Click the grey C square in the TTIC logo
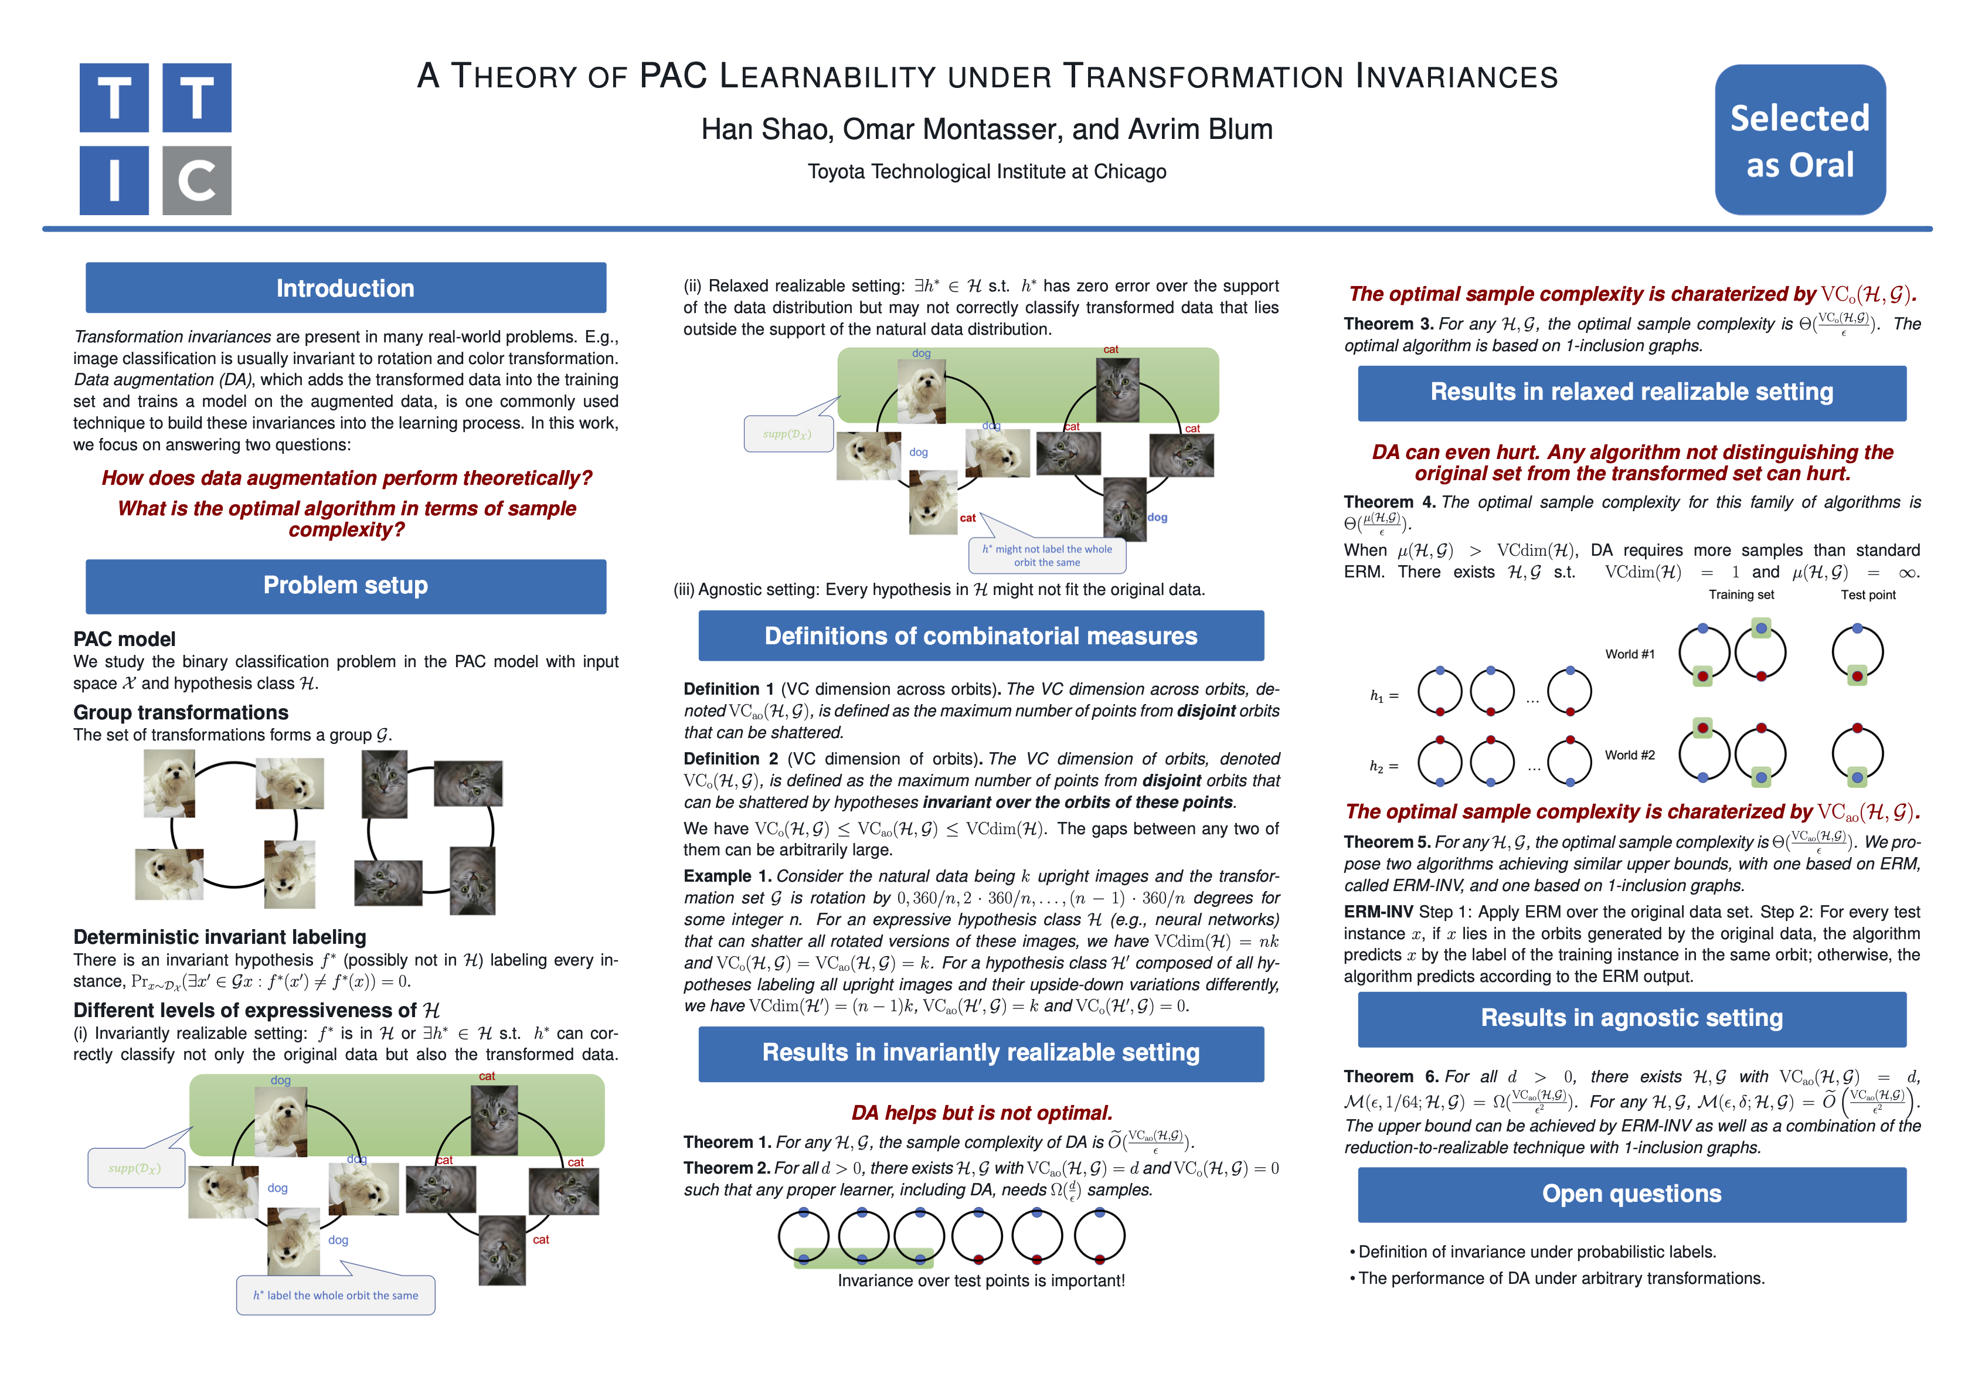click(196, 180)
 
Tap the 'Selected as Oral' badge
click(1800, 140)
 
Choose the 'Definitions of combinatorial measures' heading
click(981, 637)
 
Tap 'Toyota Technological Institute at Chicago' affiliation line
click(987, 172)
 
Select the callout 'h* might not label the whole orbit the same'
click(1047, 556)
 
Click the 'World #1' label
click(1629, 655)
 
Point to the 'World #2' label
click(1629, 755)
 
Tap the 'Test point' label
click(1868, 595)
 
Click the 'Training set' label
click(1741, 595)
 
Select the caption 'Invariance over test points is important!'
click(981, 1281)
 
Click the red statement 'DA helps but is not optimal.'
click(981, 1113)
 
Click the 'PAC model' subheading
click(125, 639)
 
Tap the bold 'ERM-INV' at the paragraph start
click(1378, 912)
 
